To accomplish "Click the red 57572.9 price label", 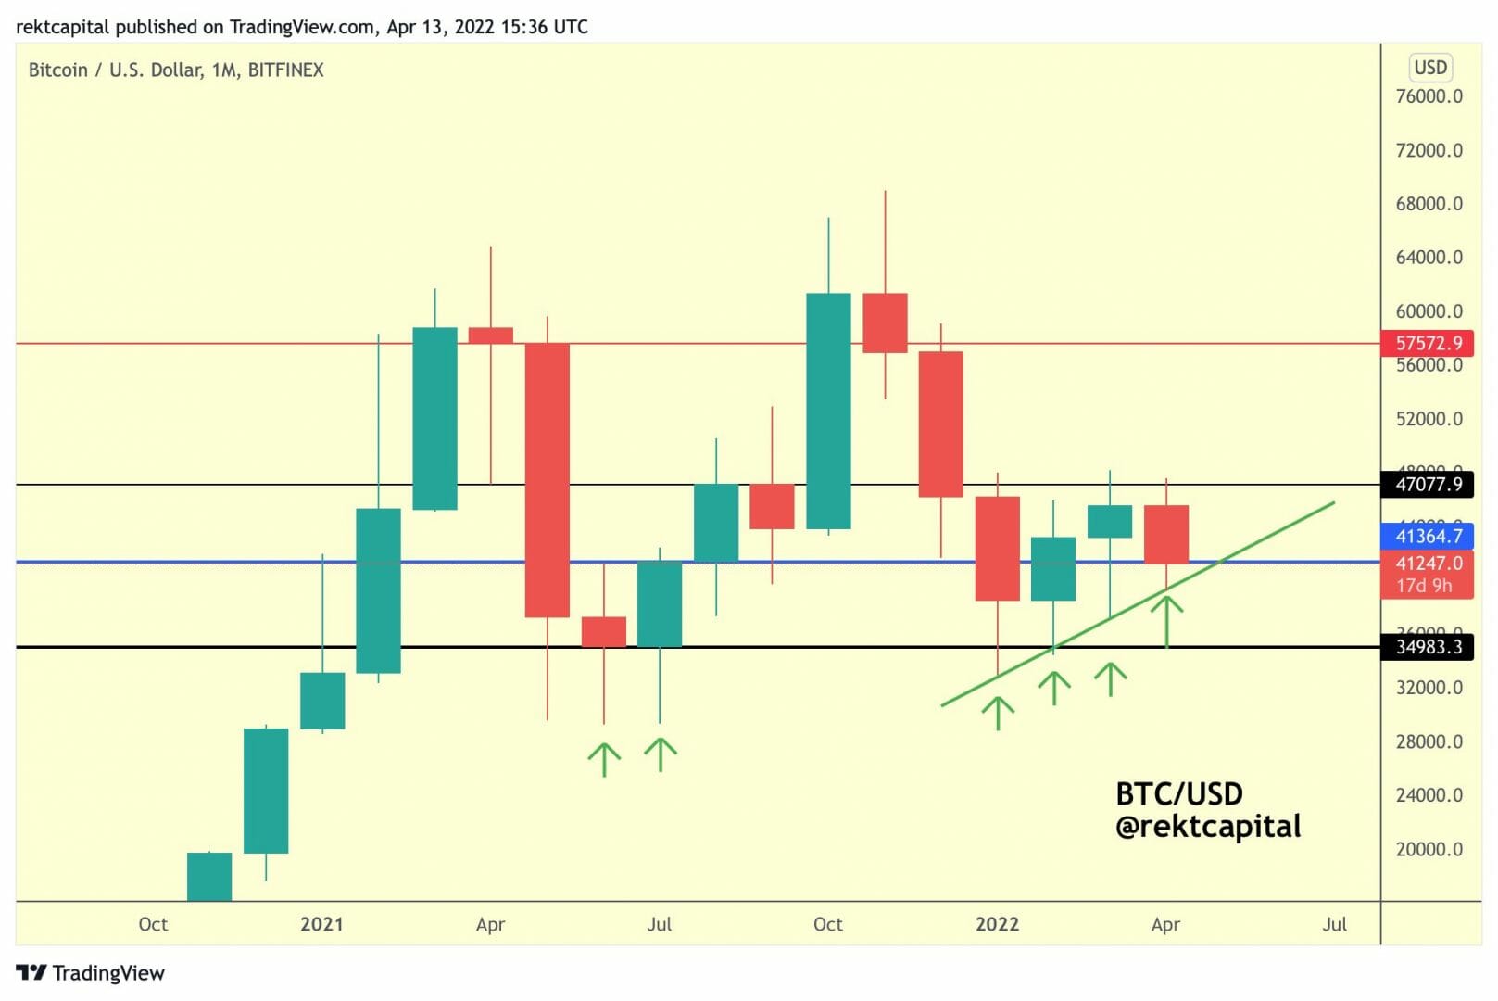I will tap(1427, 343).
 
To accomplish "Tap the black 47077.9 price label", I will tap(1427, 484).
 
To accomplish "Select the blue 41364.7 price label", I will tap(1427, 536).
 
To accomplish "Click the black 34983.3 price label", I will tap(1427, 646).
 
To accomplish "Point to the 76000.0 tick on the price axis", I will tap(1429, 96).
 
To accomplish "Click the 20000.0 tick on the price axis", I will tap(1429, 849).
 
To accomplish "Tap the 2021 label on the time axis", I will tap(321, 924).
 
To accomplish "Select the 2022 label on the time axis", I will tap(997, 924).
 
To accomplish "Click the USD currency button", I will tap(1430, 68).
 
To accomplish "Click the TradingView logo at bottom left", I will tap(90, 972).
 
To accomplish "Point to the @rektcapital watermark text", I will tap(1208, 827).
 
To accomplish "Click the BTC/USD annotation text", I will tap(1178, 794).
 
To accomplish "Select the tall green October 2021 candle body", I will tap(828, 411).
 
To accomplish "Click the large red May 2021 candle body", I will tap(547, 479).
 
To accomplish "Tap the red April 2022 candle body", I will tap(1165, 534).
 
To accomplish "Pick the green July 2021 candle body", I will tap(660, 603).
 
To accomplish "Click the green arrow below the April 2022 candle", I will tap(1166, 620).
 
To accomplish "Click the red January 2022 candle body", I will tap(997, 548).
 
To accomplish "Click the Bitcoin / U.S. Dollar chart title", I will tap(176, 70).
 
